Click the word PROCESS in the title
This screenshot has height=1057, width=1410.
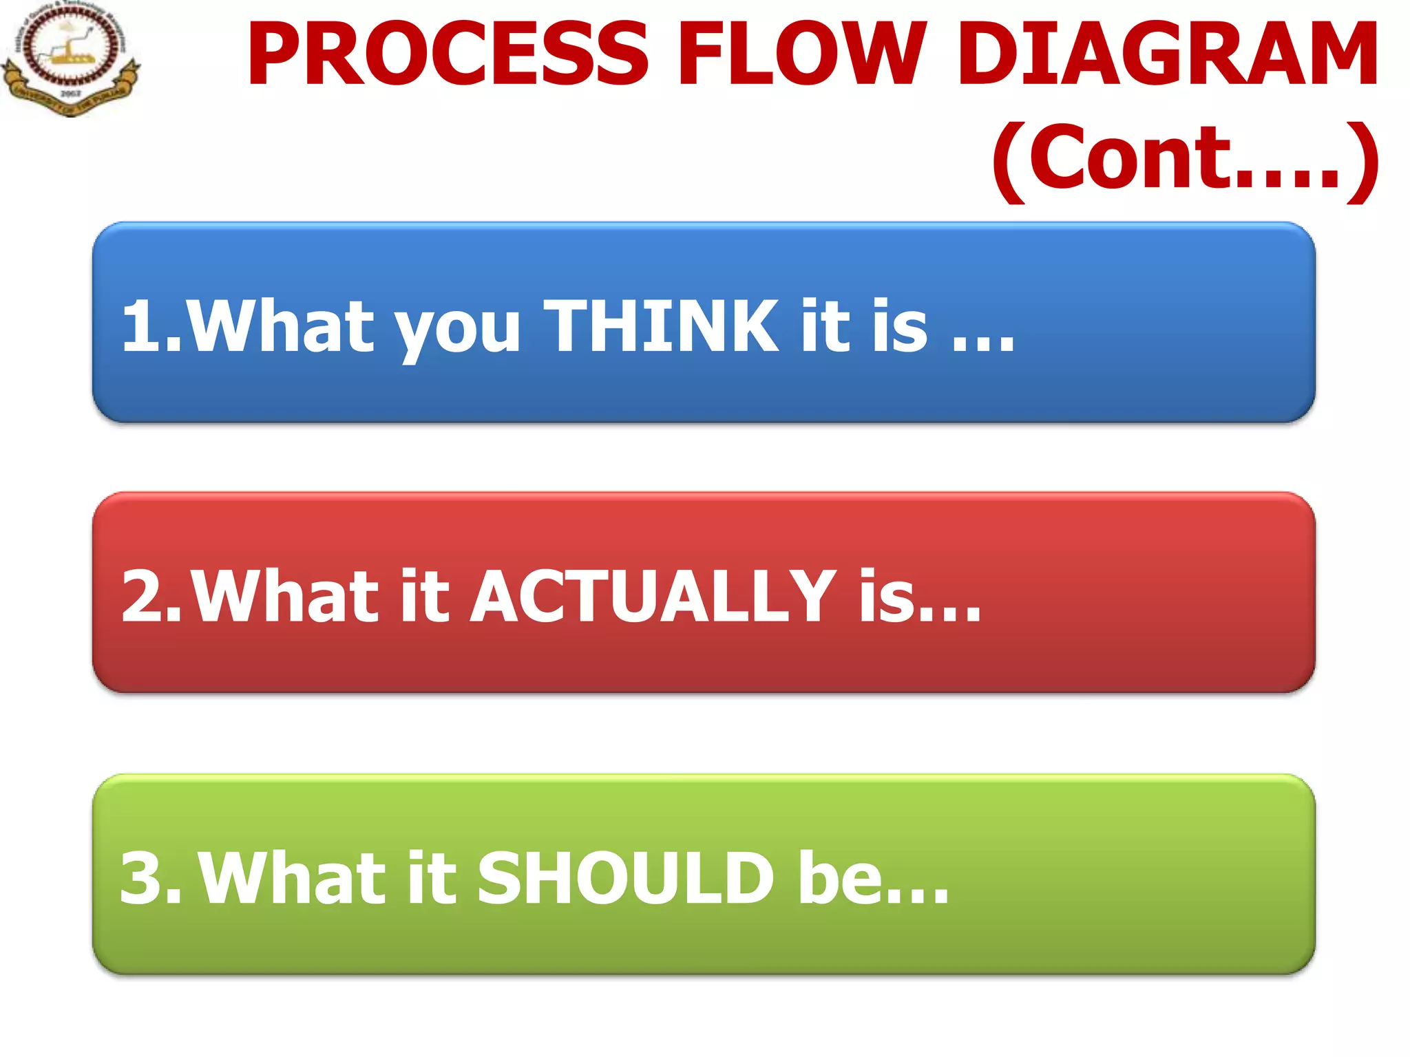click(448, 55)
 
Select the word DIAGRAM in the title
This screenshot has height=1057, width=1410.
click(1168, 55)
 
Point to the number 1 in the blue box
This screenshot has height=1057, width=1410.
click(142, 326)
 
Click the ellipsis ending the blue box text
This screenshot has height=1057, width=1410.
click(983, 344)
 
